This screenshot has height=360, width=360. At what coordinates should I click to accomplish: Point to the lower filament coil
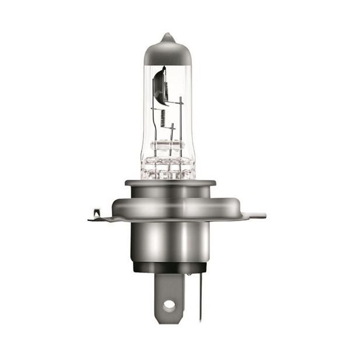[x=163, y=118]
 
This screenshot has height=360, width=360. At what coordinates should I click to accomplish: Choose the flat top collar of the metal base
[x=170, y=183]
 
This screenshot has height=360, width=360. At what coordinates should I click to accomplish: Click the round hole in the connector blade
[x=169, y=305]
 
